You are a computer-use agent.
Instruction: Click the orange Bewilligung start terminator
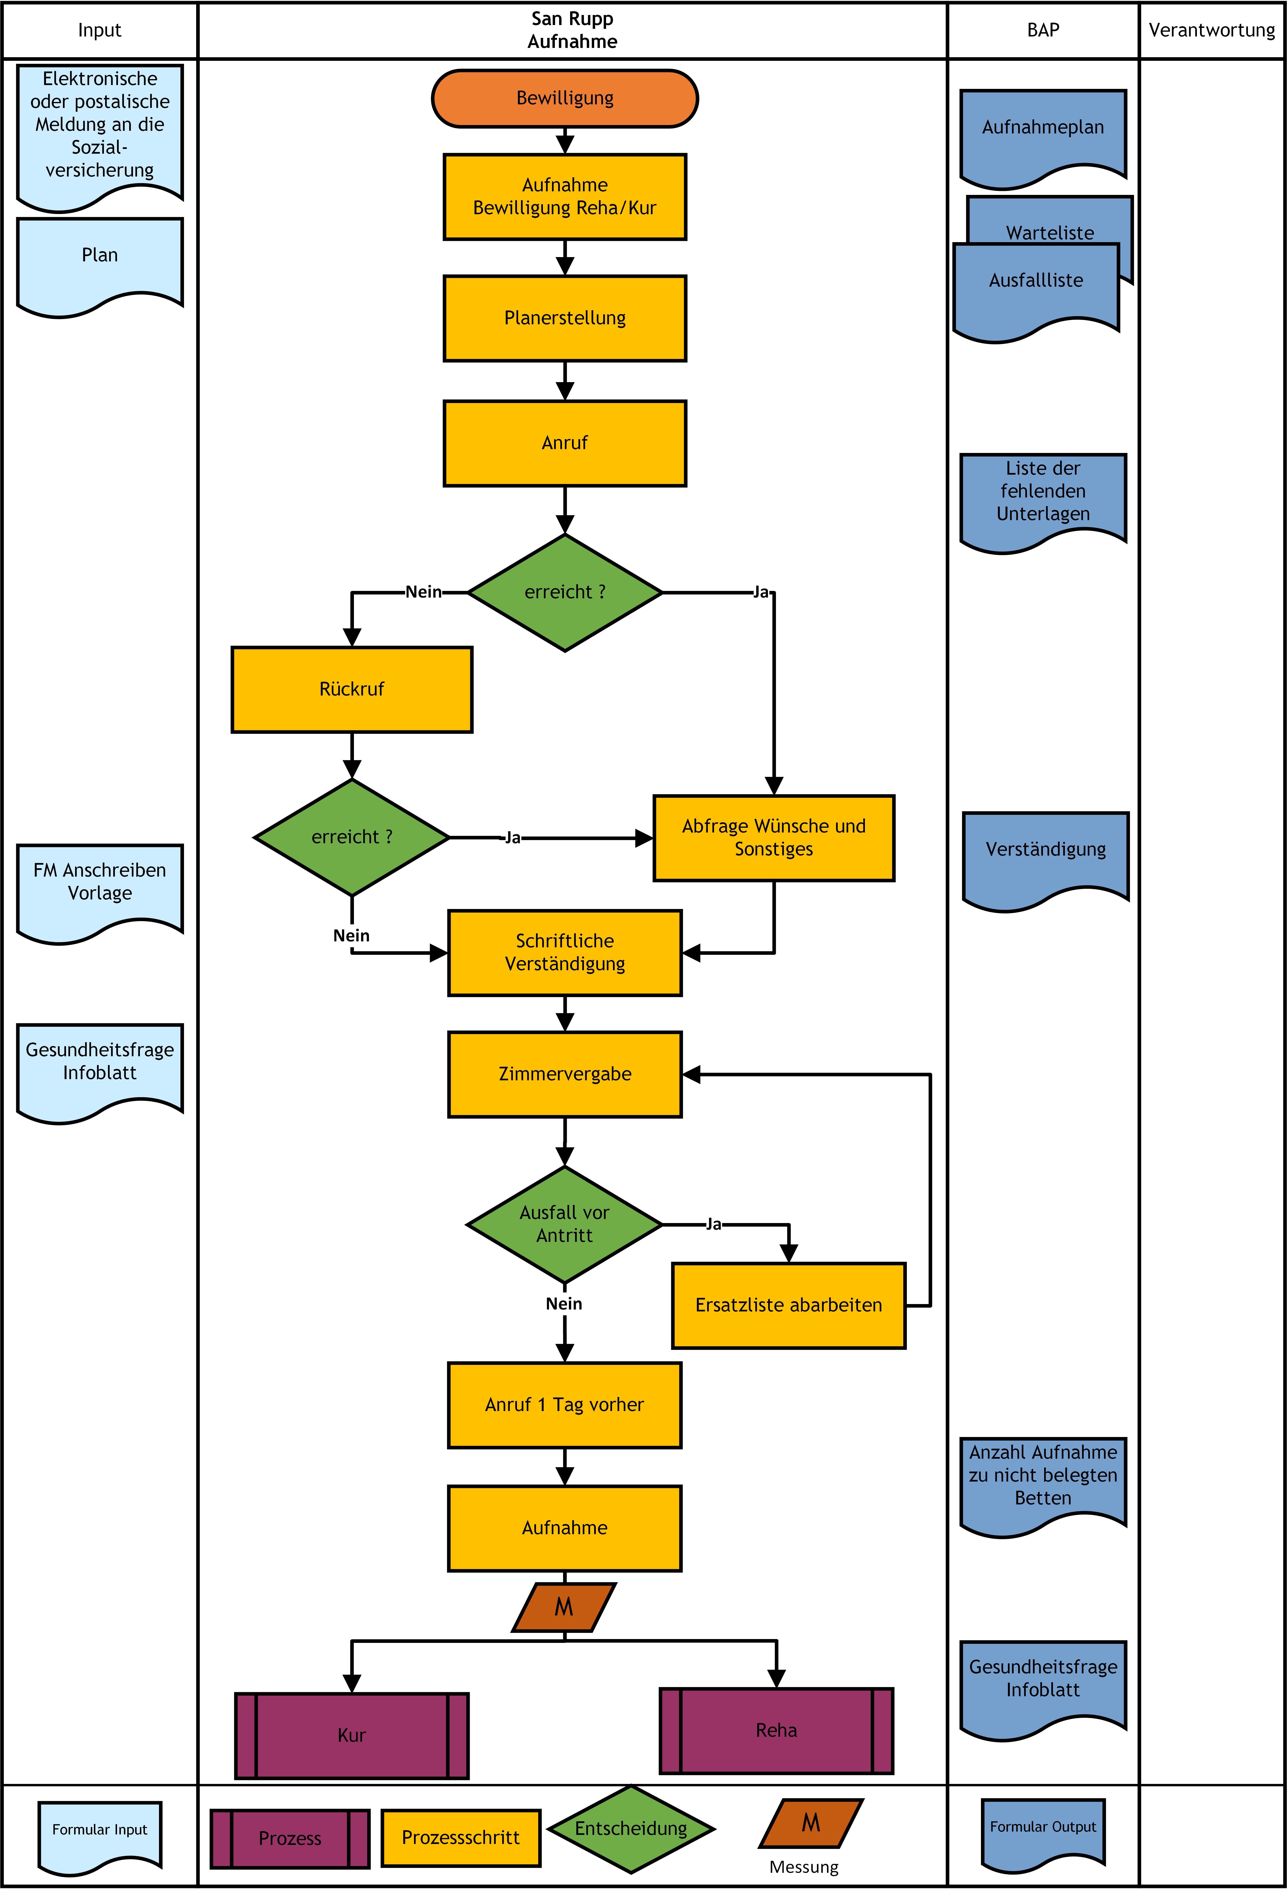(x=564, y=98)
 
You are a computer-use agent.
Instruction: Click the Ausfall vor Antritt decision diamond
(x=564, y=1224)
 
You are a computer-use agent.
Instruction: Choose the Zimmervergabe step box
(x=564, y=1075)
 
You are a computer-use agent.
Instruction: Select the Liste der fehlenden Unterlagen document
(x=1043, y=500)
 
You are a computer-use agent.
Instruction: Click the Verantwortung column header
(x=1211, y=30)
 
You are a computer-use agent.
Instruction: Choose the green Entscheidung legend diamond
(x=631, y=1829)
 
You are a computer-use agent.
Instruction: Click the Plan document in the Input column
(x=100, y=264)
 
